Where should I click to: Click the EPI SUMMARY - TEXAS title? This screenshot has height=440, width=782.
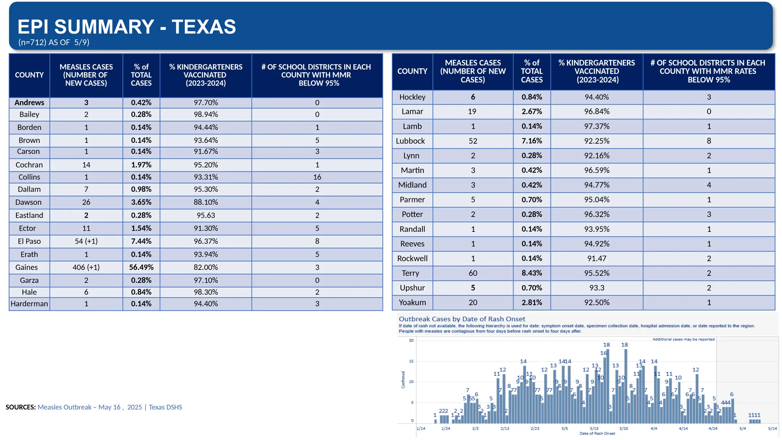coord(127,27)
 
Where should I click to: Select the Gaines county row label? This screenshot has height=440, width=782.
coord(27,267)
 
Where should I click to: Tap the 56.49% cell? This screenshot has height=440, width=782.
coord(141,267)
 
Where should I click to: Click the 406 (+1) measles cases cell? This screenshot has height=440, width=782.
coord(86,267)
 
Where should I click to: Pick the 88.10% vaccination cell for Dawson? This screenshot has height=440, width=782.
coord(206,202)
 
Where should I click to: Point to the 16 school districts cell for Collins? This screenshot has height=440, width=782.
coord(317,177)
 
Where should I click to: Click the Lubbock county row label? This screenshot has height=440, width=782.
coord(410,141)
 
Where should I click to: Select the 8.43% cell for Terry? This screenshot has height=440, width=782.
coord(532,273)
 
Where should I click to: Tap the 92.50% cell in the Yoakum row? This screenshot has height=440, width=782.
coord(596,302)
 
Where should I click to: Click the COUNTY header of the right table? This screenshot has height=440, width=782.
coord(412,71)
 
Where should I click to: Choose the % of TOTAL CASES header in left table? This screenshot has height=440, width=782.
coord(141,75)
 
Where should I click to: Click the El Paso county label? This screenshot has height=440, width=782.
coord(29,241)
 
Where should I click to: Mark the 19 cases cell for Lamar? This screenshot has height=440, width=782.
coord(472,112)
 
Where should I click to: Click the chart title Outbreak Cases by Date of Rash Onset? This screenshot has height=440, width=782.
coord(462,319)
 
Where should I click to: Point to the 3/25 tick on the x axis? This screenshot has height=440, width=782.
coord(624,429)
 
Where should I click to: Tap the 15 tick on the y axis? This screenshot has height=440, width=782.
coord(411,361)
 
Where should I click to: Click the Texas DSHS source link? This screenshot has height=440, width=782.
coord(165,407)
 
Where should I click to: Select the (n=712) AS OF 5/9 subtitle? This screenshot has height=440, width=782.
coord(54,42)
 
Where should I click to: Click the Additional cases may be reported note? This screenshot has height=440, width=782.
coord(683,339)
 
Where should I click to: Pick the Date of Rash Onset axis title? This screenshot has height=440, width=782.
coord(597,434)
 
